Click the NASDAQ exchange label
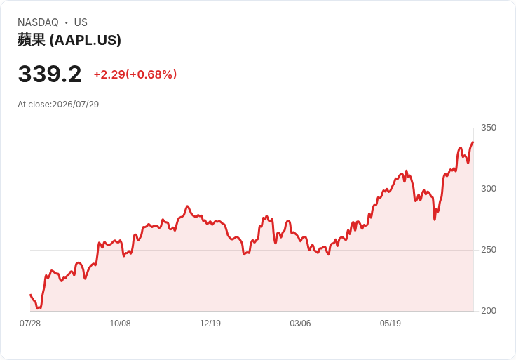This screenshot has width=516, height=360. (x=38, y=22)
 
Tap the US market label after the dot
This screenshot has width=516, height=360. (x=81, y=22)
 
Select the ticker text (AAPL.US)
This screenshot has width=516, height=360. (x=86, y=40)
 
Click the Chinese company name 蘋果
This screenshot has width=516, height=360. (x=32, y=40)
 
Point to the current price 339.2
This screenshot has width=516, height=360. (x=50, y=74)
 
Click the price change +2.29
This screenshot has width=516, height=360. (x=109, y=74)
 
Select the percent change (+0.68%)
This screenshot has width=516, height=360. (x=151, y=74)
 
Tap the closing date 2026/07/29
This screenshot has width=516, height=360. (x=75, y=105)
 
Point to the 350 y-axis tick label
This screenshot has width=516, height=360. (x=489, y=128)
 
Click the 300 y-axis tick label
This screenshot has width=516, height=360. (x=489, y=189)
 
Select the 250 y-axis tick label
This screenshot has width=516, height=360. (x=489, y=250)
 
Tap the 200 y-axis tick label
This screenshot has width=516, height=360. (x=489, y=311)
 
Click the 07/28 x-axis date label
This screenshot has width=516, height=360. (x=30, y=324)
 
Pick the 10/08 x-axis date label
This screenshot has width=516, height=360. (x=120, y=324)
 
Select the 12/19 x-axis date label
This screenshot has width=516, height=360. (x=210, y=324)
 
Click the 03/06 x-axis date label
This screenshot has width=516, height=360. (x=300, y=324)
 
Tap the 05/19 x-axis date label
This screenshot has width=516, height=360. (x=391, y=324)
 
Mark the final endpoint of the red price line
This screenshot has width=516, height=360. (x=473, y=142)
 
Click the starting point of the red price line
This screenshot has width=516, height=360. (x=30, y=295)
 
